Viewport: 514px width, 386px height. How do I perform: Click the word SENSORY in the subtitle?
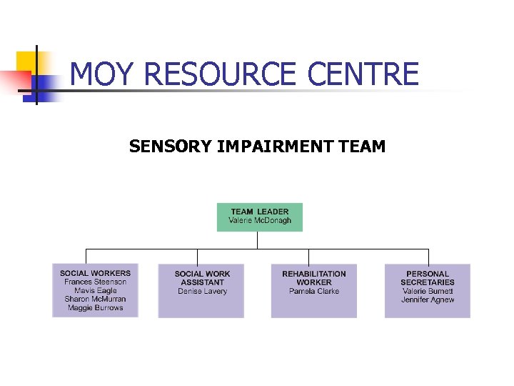[x=170, y=147]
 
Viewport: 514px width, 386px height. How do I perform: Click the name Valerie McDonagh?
[x=260, y=220]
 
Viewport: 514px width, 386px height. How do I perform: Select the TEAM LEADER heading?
[x=260, y=212]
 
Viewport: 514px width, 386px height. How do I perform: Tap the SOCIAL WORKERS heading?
[x=95, y=273]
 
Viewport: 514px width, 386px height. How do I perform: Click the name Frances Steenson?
[x=95, y=282]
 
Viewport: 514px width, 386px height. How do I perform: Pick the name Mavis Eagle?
[x=95, y=291]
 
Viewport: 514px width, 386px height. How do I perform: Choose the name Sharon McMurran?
[x=95, y=300]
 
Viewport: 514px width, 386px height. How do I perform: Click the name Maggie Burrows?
[x=95, y=308]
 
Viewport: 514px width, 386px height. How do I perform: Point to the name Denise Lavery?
[x=202, y=292]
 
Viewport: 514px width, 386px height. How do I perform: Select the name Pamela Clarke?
[x=314, y=292]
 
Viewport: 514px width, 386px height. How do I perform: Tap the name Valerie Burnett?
[x=428, y=292]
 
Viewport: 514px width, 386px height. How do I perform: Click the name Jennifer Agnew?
[x=428, y=300]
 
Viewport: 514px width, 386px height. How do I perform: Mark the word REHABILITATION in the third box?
[x=314, y=274]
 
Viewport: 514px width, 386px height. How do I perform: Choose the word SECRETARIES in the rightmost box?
[x=428, y=282]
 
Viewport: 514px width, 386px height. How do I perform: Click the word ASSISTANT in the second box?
[x=202, y=282]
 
